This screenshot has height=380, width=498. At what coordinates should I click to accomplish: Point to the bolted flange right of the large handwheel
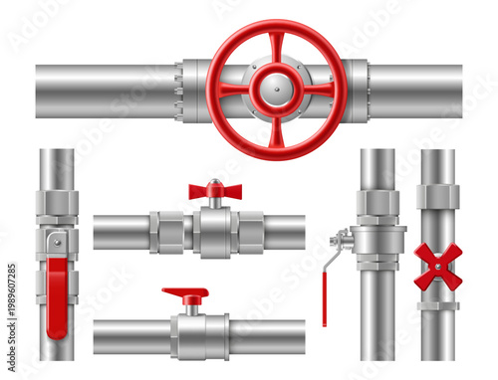[355, 90]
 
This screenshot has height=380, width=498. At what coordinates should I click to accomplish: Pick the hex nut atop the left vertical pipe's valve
[57, 204]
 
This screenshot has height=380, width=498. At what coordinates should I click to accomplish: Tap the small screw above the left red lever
[58, 242]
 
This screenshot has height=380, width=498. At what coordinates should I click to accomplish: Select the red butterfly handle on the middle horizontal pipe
[215, 191]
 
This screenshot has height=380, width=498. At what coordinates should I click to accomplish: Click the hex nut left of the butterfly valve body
[170, 233]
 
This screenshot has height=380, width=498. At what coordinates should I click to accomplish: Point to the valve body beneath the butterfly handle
[214, 233]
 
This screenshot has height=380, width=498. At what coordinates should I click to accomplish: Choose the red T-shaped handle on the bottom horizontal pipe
[185, 295]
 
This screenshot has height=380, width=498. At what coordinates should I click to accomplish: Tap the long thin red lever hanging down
[324, 288]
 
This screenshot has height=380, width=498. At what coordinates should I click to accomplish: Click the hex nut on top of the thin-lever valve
[378, 203]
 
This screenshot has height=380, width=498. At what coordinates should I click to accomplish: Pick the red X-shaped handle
[438, 267]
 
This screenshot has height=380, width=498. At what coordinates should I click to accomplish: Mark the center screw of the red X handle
[438, 267]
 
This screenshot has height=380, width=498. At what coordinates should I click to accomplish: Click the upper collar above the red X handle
[438, 197]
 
